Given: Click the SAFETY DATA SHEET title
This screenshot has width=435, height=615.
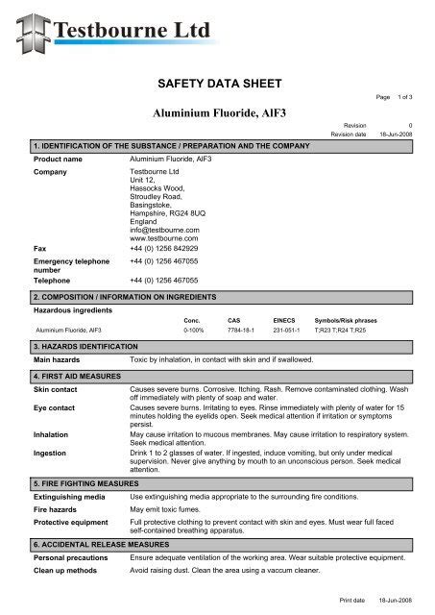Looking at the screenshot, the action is tap(217, 85).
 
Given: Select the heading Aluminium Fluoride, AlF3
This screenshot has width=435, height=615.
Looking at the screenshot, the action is tap(217, 112).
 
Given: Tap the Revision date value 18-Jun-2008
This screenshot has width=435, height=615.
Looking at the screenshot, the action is tap(396, 135).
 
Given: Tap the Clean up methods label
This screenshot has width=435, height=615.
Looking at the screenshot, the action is tap(65, 569).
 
